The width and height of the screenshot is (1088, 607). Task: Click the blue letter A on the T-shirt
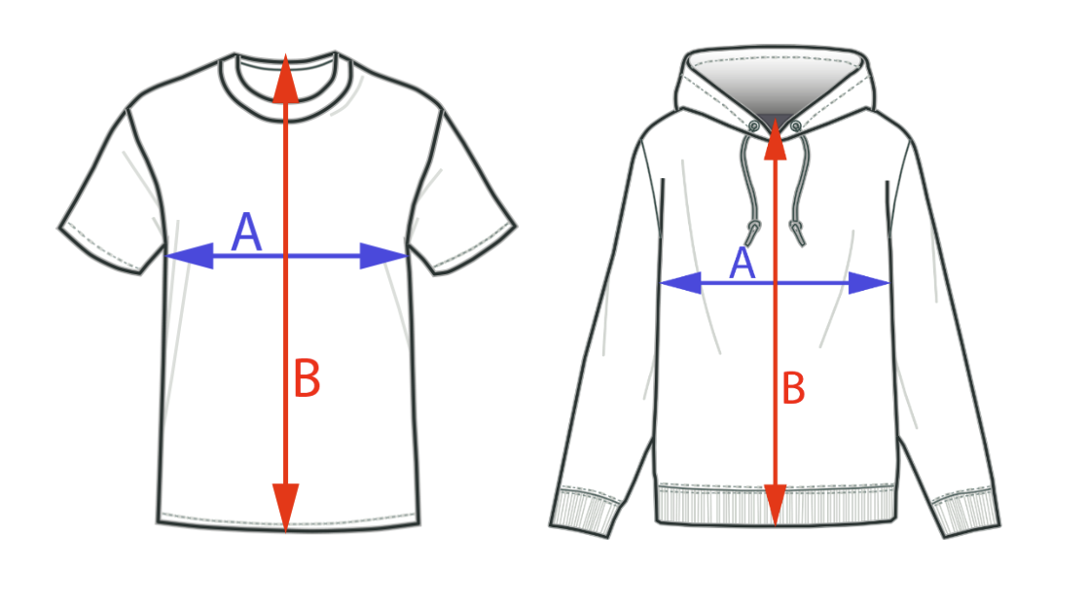[247, 234]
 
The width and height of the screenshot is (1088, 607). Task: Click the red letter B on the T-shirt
[308, 379]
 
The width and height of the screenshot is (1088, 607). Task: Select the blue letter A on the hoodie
[743, 264]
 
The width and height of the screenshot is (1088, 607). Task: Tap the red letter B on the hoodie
[794, 390]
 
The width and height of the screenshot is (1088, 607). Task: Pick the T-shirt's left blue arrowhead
[190, 256]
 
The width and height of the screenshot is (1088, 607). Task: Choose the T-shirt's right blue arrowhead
[382, 256]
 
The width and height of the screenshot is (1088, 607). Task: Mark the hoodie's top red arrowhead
[775, 138]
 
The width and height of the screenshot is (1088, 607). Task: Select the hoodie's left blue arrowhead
[681, 283]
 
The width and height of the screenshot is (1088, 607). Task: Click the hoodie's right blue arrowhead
[868, 283]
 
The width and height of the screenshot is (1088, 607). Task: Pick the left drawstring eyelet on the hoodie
[754, 126]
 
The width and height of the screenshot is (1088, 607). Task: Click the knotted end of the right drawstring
[797, 232]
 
